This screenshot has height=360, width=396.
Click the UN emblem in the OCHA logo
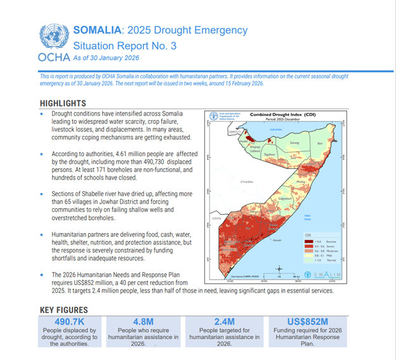point(52,37)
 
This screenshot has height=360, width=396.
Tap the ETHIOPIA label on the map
point(244,182)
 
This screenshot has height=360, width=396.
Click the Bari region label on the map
point(320,144)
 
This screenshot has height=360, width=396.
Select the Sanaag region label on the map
point(293,143)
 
